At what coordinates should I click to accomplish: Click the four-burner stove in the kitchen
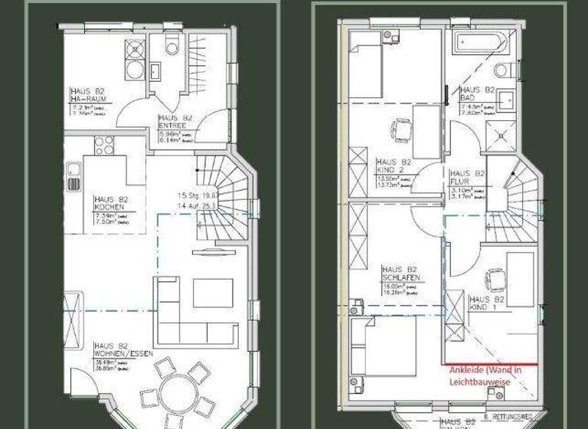click(104, 145)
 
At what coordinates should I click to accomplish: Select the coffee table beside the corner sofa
click(212, 293)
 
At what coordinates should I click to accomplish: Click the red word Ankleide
click(468, 371)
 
